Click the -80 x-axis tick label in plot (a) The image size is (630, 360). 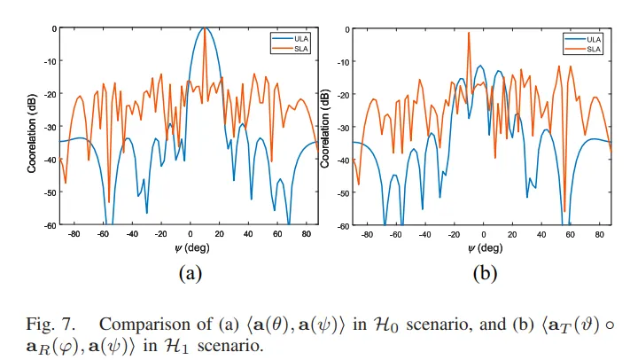(x=75, y=235)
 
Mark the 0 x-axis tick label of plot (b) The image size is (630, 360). (x=483, y=235)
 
